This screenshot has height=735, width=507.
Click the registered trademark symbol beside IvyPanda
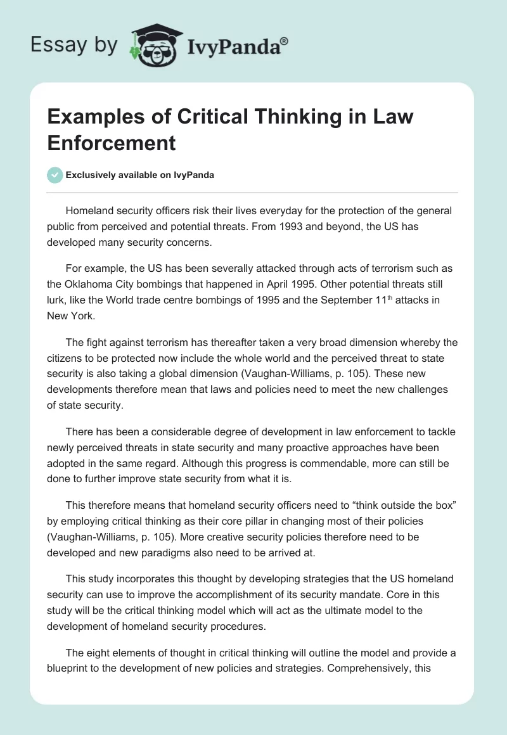[284, 41]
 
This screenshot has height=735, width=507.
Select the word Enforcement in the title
[112, 143]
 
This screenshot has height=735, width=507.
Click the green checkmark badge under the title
[56, 175]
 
